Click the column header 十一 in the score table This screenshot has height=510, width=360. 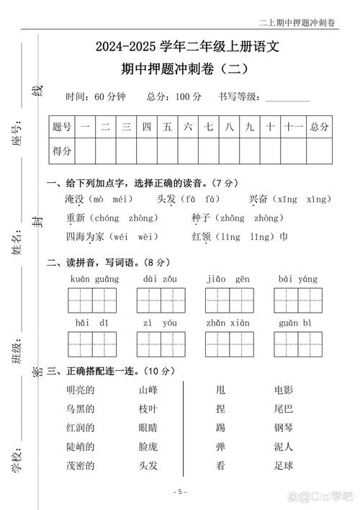coord(292,127)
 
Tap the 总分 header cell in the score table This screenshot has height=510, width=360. coord(319,127)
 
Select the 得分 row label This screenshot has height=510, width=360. coord(62,151)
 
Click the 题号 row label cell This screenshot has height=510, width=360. coord(62,127)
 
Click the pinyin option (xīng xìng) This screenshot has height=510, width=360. coord(300,199)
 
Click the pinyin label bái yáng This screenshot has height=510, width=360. coord(297,279)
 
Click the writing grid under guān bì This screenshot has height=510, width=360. coord(297,344)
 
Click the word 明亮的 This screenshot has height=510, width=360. coord(79,390)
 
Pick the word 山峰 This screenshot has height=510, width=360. coord(148,390)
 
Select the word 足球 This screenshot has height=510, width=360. coord(283,465)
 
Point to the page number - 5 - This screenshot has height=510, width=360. coord(180,492)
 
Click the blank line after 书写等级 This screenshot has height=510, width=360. coord(287,97)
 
